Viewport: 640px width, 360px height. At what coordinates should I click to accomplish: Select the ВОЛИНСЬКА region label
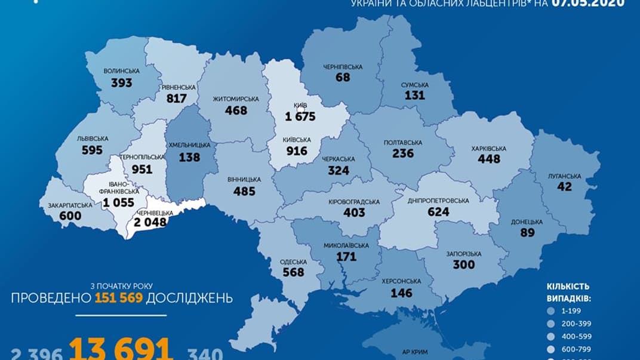pyautogui.click(x=121, y=71)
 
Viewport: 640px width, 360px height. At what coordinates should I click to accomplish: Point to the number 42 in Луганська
pyautogui.click(x=564, y=186)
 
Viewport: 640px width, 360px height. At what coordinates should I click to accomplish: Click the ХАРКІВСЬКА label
pyautogui.click(x=488, y=149)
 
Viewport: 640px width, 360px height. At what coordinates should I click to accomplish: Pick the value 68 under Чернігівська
pyautogui.click(x=343, y=78)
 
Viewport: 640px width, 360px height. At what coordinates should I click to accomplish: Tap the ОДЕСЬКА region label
pyautogui.click(x=293, y=262)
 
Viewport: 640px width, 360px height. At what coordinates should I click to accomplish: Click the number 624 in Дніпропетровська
pyautogui.click(x=438, y=211)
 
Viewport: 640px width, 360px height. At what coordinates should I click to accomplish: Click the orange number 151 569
pyautogui.click(x=118, y=297)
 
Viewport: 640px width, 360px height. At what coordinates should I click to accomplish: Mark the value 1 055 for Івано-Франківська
pyautogui.click(x=119, y=202)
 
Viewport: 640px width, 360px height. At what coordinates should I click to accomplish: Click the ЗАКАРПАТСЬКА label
pyautogui.click(x=70, y=205)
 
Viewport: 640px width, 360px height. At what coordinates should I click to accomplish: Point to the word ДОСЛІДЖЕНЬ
pyautogui.click(x=190, y=297)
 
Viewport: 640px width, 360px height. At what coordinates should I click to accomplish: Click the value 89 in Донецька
pyautogui.click(x=527, y=233)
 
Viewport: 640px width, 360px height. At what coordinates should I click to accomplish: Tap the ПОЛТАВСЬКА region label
pyautogui.click(x=403, y=143)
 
